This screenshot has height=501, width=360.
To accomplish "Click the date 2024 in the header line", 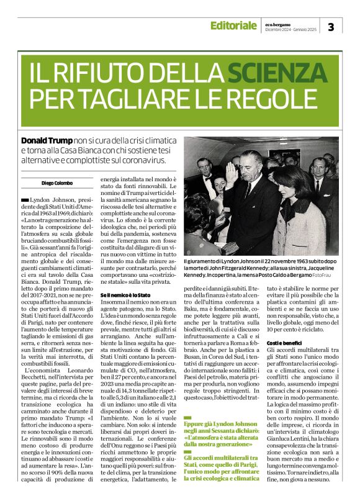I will tap(290, 29).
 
